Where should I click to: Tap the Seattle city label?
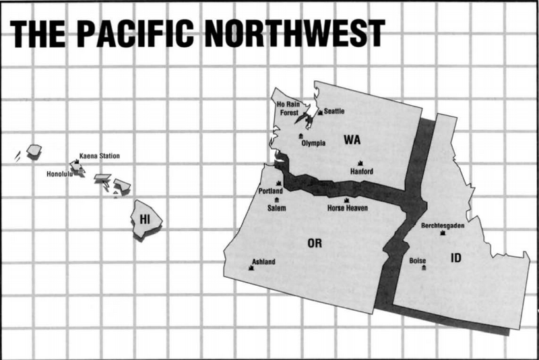(334, 111)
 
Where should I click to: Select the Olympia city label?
(313, 143)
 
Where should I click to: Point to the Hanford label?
(362, 171)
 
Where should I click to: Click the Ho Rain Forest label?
(289, 109)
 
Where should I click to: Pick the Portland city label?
(271, 191)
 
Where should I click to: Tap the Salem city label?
(276, 208)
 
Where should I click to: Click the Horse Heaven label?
(348, 208)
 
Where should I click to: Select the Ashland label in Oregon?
(263, 262)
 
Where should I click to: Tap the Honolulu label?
(59, 174)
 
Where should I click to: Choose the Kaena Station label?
(99, 156)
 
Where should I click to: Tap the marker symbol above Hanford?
(361, 163)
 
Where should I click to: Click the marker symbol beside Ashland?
(251, 268)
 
